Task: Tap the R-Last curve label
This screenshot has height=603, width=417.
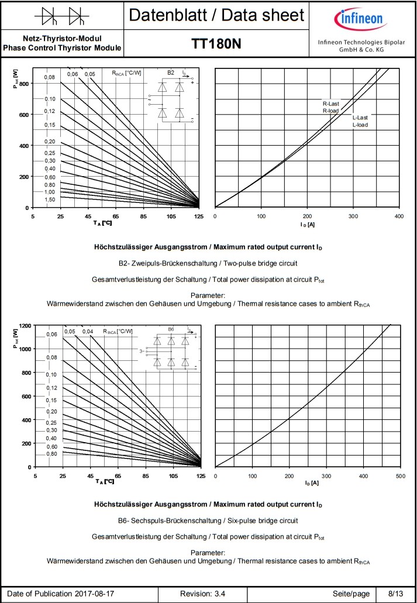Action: pos(331,104)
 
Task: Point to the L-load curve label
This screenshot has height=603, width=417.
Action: pos(360,125)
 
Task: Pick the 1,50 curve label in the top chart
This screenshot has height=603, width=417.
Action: pos(50,199)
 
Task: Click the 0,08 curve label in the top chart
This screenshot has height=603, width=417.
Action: pos(50,77)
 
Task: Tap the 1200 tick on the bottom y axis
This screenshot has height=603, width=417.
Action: pos(25,325)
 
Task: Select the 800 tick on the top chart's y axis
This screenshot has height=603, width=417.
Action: pos(24,84)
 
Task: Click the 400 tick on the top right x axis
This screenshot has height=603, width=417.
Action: pos(399,216)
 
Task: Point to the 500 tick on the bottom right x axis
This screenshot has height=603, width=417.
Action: pos(400,476)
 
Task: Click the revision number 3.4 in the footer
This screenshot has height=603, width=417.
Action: pos(219,594)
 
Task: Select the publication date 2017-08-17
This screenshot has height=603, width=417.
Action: pos(95,594)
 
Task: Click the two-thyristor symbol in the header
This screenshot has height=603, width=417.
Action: pos(63,16)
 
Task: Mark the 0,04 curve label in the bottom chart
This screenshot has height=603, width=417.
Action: pos(88,332)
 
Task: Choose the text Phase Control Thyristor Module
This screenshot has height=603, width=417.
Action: pos(63,47)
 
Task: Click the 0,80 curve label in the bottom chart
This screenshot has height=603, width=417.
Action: pos(51,454)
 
